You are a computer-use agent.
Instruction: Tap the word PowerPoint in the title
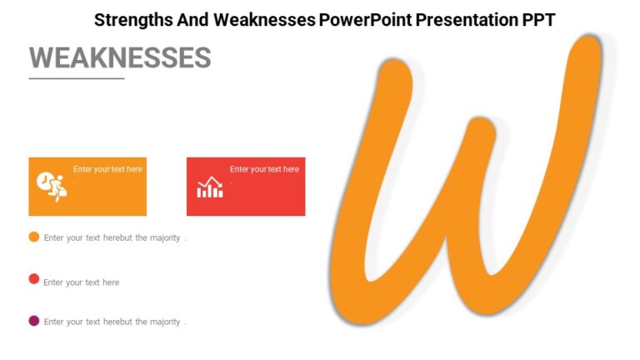click(361, 19)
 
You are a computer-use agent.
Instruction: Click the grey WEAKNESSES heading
click(120, 57)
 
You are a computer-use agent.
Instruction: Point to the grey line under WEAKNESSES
click(77, 78)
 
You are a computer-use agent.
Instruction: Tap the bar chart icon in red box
click(210, 187)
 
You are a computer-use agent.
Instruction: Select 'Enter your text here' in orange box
click(107, 169)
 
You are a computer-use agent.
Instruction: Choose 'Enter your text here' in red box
click(264, 169)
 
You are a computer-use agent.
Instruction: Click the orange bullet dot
click(34, 237)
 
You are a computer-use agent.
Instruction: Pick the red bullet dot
click(34, 278)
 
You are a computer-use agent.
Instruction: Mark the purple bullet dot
click(34, 321)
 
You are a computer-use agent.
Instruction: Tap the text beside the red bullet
click(82, 282)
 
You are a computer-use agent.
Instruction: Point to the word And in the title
click(192, 19)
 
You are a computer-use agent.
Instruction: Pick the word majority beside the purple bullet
click(165, 322)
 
